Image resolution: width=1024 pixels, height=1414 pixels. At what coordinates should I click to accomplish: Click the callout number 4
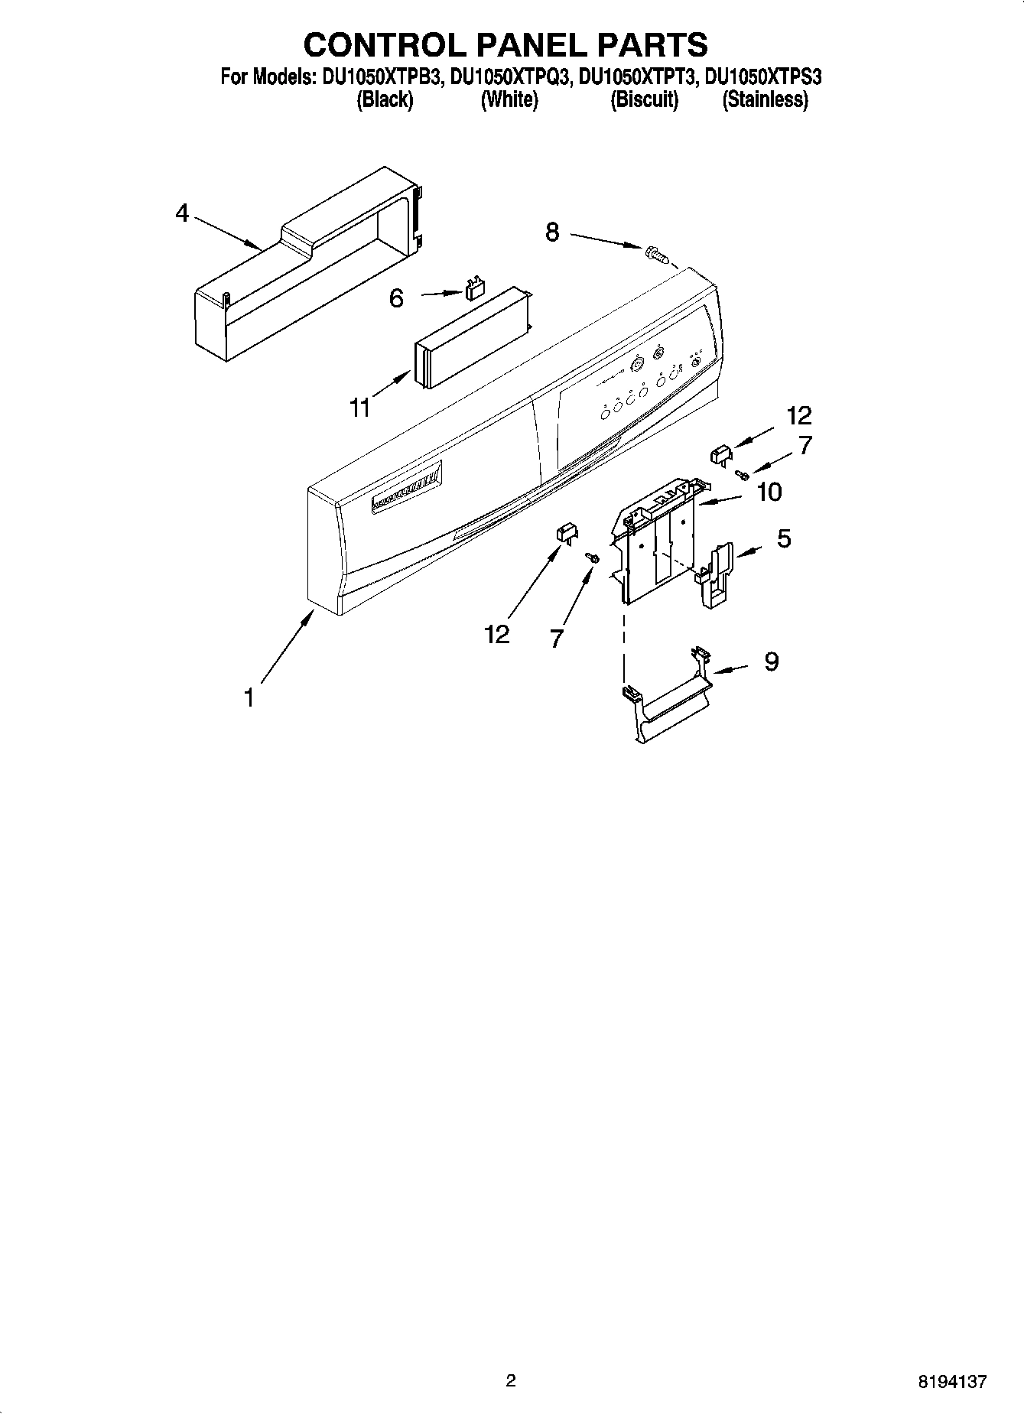point(181,213)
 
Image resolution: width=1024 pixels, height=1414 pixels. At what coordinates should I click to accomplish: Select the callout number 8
point(552,232)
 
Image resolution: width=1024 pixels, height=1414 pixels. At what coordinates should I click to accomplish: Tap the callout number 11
point(359,408)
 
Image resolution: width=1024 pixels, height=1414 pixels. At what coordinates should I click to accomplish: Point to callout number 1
point(249,697)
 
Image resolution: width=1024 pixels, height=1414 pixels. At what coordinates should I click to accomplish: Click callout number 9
point(771,661)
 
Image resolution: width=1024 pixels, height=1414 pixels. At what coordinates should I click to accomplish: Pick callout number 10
point(769,492)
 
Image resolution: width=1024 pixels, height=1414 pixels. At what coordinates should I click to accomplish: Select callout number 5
point(784,538)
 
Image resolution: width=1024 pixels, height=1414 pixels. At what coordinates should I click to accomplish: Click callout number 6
point(396,298)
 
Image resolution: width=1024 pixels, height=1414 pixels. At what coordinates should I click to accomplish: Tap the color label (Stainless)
point(765,99)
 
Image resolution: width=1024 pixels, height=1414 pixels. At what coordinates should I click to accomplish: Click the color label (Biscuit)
point(644,99)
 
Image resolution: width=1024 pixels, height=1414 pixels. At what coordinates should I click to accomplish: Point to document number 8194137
point(952,1381)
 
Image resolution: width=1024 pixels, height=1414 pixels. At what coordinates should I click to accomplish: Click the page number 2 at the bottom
point(511,1380)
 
